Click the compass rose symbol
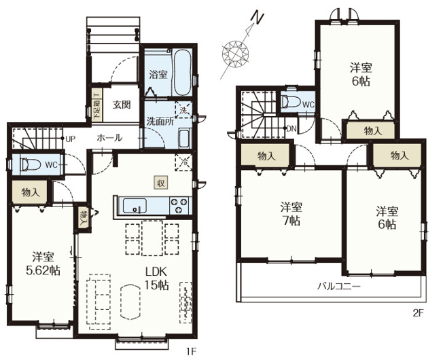238,52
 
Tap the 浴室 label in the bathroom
158,75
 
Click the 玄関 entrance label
122,105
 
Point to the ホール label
109,138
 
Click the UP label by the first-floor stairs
70,139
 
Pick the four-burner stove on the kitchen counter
180,205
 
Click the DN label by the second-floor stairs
291,128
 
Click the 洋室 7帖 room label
291,214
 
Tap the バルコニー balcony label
338,287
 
